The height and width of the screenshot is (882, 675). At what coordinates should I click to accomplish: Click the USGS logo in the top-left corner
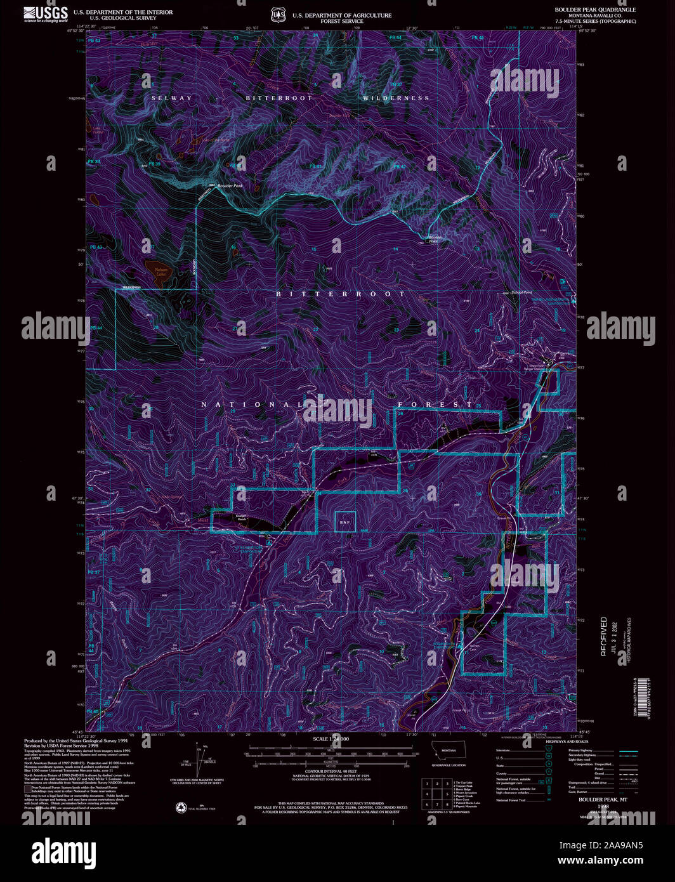click(46, 14)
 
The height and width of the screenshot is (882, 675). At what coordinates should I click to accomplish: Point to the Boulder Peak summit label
click(230, 185)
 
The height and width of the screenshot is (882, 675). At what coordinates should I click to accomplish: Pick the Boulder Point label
click(433, 239)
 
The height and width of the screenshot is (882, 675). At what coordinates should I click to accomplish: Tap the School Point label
click(521, 293)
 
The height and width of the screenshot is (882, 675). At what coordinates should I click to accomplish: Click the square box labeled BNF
click(345, 522)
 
